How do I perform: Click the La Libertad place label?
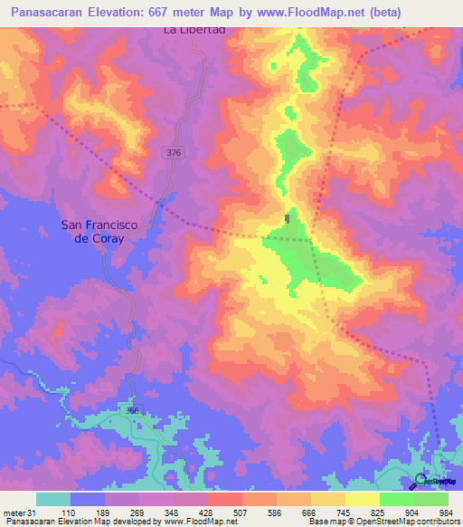pyautogui.click(x=193, y=30)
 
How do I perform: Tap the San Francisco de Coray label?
pyautogui.click(x=90, y=231)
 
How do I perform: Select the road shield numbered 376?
pyautogui.click(x=175, y=153)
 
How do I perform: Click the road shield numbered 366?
pyautogui.click(x=134, y=410)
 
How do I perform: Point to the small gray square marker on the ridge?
pyautogui.click(x=288, y=218)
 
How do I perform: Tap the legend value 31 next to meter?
pyautogui.click(x=33, y=512)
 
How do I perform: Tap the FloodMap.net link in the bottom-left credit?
pyautogui.click(x=194, y=522)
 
